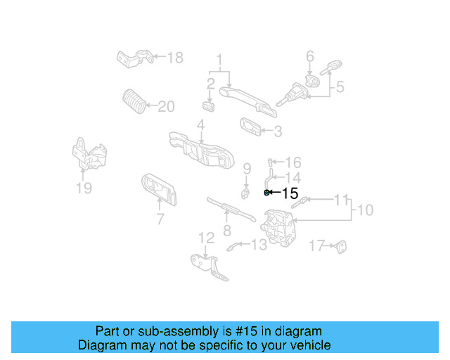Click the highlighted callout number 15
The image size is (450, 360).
click(x=290, y=193)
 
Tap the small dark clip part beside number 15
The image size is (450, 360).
click(x=266, y=192)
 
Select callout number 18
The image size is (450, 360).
click(x=174, y=57)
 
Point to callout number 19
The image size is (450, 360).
click(x=84, y=188)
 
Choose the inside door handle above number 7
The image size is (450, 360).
click(x=158, y=188)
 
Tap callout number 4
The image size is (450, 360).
click(x=200, y=125)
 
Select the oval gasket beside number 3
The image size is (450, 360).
click(x=248, y=126)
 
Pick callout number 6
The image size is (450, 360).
click(x=309, y=56)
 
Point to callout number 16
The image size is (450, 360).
click(x=292, y=162)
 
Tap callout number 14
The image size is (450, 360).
click(x=292, y=178)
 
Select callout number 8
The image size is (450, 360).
click(x=227, y=230)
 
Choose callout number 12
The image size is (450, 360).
click(x=205, y=238)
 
